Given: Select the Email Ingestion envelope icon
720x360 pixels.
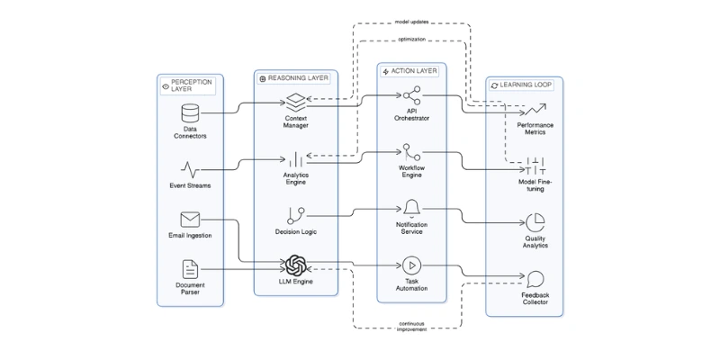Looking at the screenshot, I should (190, 219).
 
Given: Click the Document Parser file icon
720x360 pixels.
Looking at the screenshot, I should (190, 269).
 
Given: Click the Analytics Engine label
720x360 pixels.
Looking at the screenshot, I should (296, 177).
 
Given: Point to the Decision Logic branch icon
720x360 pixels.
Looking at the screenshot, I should (296, 215).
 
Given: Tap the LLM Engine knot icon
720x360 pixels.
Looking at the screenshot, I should (296, 265).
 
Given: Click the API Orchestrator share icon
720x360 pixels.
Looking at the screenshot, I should (411, 94).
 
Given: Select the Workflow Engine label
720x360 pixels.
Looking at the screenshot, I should (411, 172).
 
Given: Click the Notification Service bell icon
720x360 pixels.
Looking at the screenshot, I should (411, 209).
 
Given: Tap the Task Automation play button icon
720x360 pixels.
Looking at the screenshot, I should (411, 265).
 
